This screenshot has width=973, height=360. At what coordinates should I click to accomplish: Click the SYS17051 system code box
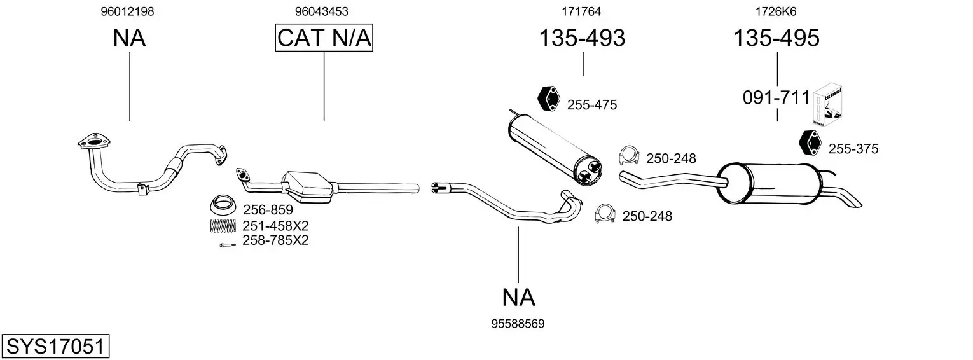tap(55, 347)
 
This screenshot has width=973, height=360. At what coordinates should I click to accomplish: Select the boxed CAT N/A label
tap(324, 38)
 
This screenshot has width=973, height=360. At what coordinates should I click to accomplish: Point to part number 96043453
tap(321, 11)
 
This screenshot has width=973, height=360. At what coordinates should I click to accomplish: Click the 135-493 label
tap(582, 38)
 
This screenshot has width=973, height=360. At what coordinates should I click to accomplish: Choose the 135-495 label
tap(776, 38)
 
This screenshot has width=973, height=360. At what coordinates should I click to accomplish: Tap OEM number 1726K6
tap(776, 11)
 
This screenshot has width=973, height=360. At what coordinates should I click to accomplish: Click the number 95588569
tap(518, 324)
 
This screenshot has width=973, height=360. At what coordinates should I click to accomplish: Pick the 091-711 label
tap(776, 98)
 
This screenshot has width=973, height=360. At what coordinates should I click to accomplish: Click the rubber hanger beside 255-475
tap(548, 97)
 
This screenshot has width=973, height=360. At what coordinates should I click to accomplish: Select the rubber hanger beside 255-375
tap(810, 142)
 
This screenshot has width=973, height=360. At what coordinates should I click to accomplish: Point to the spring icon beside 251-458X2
tap(223, 225)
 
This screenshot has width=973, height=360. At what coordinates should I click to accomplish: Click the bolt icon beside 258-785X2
tap(226, 245)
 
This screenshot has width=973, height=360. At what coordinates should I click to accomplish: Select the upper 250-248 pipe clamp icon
tap(629, 155)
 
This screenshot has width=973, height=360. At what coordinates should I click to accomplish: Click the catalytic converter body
tap(309, 185)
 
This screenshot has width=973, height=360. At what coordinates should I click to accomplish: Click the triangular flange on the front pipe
tap(92, 141)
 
